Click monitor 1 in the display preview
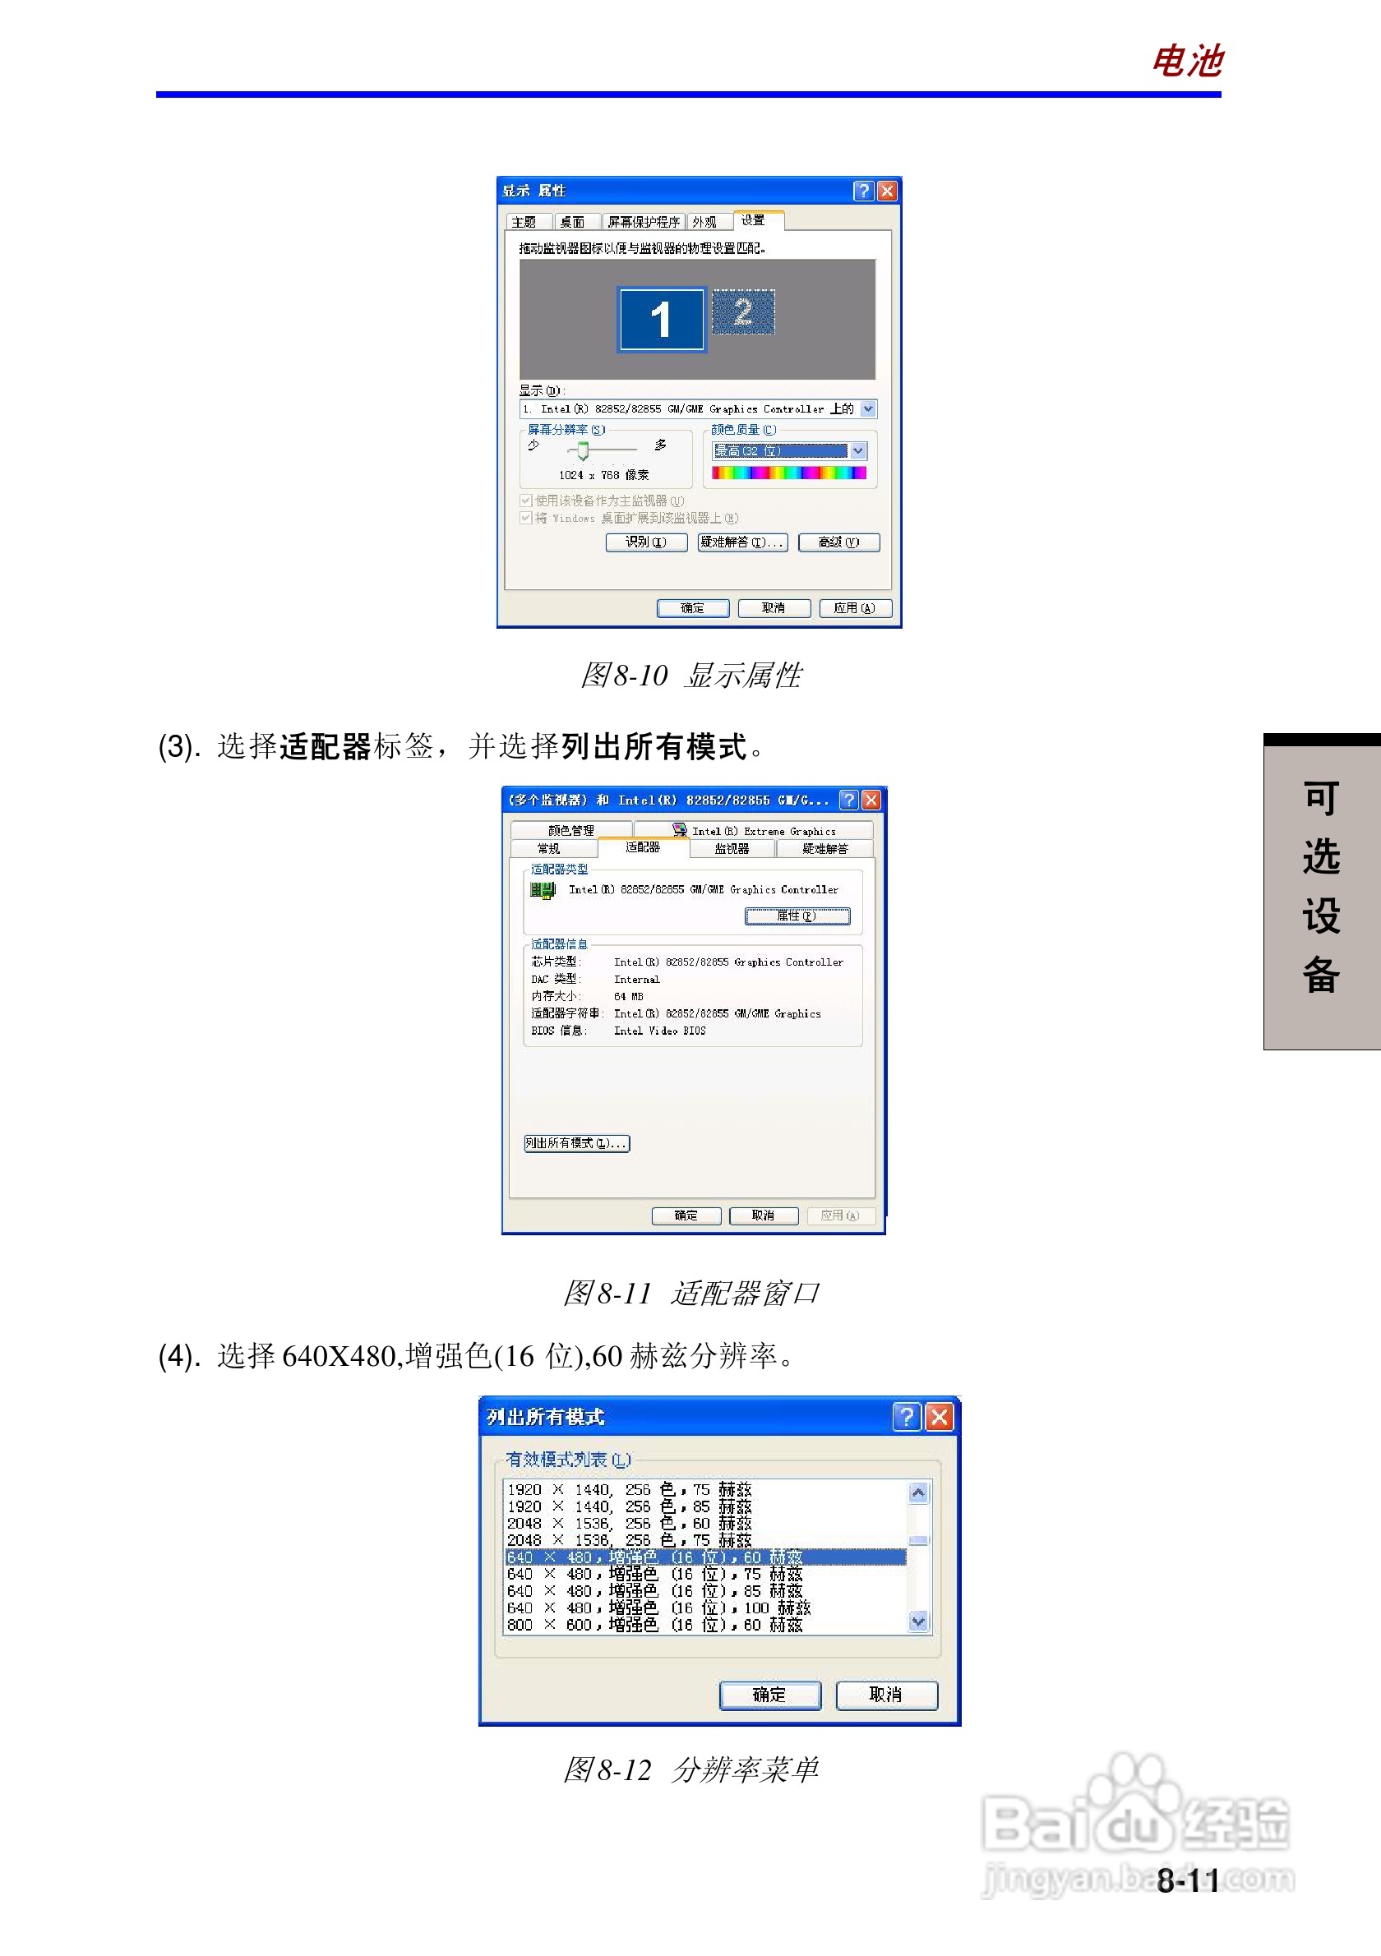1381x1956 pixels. point(661,320)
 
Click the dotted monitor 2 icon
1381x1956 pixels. point(743,311)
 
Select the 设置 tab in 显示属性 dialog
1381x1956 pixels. point(752,220)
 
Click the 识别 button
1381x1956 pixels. point(646,542)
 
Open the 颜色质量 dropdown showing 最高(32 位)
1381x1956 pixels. point(858,450)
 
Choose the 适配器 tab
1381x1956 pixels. point(642,847)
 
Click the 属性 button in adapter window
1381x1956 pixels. point(797,916)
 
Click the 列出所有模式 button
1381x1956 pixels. point(577,1143)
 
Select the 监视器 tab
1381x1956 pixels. point(732,848)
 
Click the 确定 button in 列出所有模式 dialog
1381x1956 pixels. point(769,1695)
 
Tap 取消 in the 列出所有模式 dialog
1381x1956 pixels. point(886,1695)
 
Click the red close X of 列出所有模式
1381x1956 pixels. point(939,1417)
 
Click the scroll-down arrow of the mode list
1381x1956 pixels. point(917,1622)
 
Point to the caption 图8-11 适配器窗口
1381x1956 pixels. point(690,1294)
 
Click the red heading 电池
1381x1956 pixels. point(1187,62)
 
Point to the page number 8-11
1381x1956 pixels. point(1188,1880)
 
